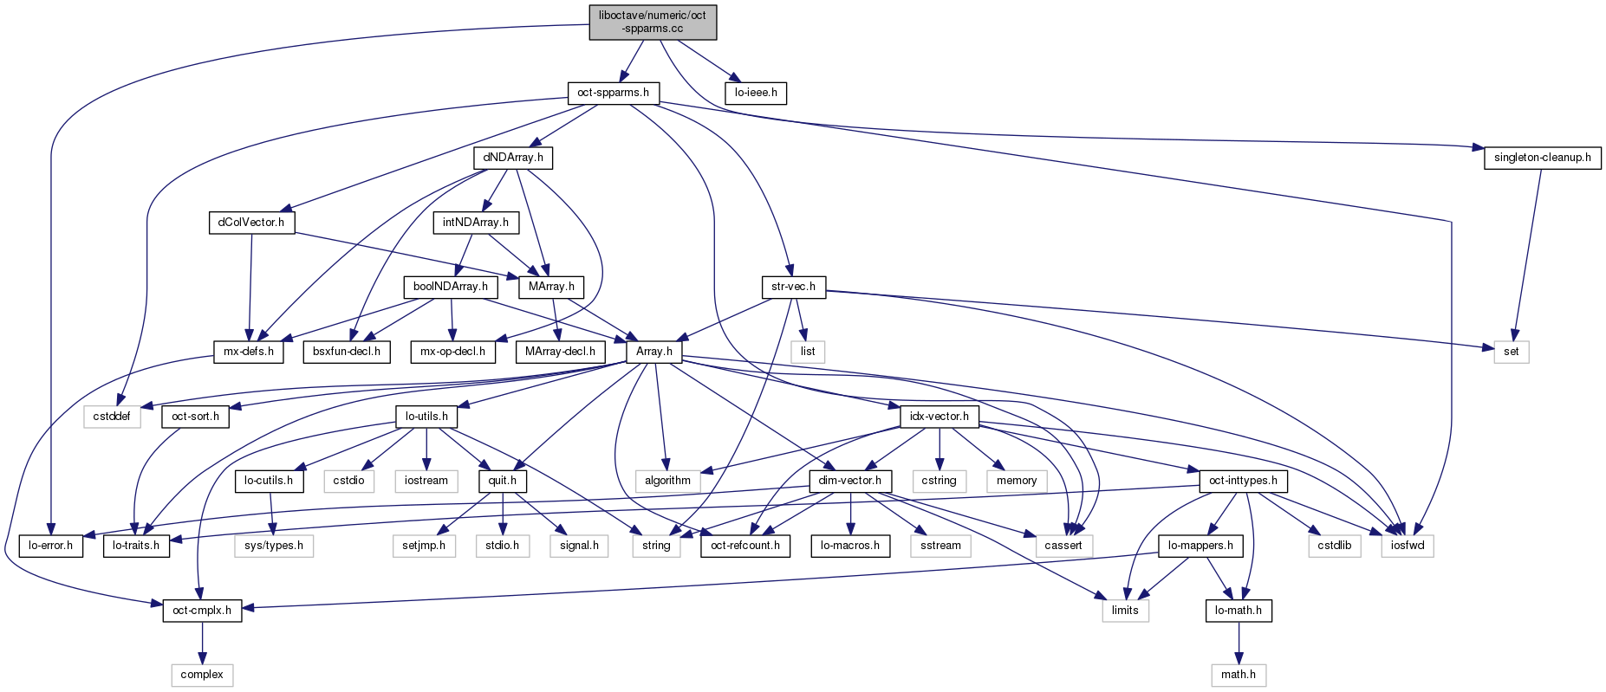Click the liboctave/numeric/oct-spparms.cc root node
[x=653, y=22]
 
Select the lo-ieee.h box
[x=756, y=93]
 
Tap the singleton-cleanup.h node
[x=1542, y=158]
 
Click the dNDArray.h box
[x=513, y=158]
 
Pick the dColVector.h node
[x=251, y=223]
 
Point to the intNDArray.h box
[x=476, y=223]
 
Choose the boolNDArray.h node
[x=450, y=287]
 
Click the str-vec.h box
[x=793, y=287]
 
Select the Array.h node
[x=653, y=352]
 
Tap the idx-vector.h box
[x=939, y=417]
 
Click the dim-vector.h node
[x=849, y=481]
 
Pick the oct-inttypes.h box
[x=1243, y=481]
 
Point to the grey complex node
[x=202, y=675]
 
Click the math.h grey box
[x=1238, y=675]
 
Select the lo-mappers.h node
[x=1200, y=546]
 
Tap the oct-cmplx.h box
[x=202, y=611]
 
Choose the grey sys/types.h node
[x=274, y=546]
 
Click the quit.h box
[x=502, y=481]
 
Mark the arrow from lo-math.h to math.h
[x=1238, y=643]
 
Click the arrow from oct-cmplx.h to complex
[x=202, y=643]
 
